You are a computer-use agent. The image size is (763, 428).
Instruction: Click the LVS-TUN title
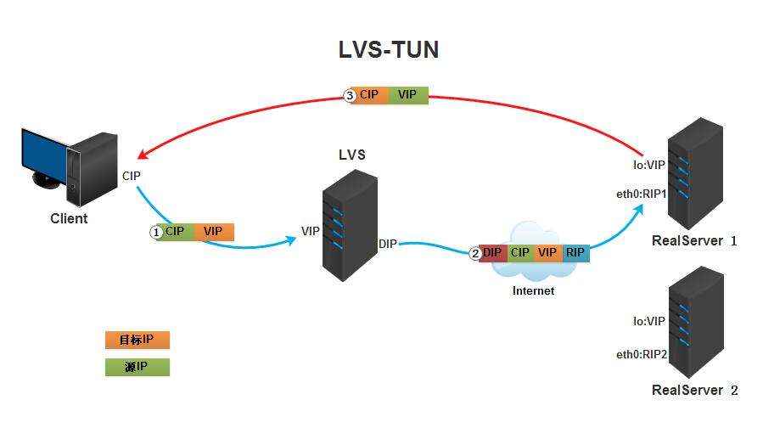389,50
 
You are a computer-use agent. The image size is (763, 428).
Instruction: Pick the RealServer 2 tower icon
695,324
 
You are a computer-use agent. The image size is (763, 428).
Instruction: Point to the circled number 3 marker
350,96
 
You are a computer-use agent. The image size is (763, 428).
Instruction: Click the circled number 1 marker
155,232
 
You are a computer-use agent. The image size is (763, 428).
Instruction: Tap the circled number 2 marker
474,253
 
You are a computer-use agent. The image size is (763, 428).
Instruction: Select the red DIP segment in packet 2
493,253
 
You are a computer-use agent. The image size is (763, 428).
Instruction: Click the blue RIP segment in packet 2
575,253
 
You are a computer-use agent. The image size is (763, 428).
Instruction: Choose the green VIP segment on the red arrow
407,95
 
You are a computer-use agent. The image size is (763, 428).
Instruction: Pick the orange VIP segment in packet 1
213,231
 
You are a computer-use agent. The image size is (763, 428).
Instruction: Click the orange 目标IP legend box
137,340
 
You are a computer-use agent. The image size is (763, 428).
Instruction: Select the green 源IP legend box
137,367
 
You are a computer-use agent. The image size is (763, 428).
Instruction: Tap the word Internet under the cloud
533,290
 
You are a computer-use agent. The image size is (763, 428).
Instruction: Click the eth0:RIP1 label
642,194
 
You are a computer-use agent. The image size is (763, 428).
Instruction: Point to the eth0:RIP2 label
642,355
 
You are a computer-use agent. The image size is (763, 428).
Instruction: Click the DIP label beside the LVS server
388,245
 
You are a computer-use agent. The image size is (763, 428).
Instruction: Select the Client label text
69,218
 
